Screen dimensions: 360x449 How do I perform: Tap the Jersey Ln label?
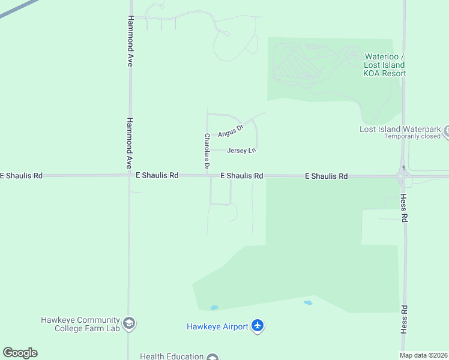(242, 151)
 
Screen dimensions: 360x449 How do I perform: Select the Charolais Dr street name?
(206, 151)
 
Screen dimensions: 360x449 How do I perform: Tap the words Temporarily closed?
(412, 136)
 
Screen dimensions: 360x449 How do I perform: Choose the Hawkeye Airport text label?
(217, 326)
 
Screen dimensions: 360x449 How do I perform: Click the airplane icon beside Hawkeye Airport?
(258, 326)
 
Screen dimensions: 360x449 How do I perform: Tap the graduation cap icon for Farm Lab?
(129, 324)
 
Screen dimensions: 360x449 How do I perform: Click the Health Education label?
(172, 356)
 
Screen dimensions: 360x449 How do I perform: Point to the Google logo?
(20, 353)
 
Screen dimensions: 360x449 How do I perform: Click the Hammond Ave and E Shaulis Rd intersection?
(129, 175)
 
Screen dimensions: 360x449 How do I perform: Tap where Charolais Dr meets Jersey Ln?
(208, 151)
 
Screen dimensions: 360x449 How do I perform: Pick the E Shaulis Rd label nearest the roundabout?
(326, 176)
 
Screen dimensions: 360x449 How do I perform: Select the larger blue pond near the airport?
(308, 303)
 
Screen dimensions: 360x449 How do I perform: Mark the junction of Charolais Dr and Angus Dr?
(208, 134)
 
